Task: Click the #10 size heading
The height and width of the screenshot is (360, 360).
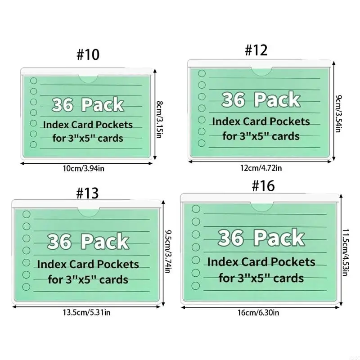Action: click(88, 54)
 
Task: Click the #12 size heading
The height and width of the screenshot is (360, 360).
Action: click(256, 50)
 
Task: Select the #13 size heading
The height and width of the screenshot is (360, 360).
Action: click(87, 193)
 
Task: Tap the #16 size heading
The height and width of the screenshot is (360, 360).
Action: click(263, 186)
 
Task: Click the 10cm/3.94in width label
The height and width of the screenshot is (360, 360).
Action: click(84, 168)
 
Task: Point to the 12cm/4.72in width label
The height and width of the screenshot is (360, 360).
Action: click(261, 168)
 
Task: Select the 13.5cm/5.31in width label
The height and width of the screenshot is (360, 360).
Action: click(87, 312)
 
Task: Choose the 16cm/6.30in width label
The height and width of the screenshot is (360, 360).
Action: click(258, 312)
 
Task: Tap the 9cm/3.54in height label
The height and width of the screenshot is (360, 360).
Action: click(339, 113)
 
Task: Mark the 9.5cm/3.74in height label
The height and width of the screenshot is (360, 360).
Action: click(168, 252)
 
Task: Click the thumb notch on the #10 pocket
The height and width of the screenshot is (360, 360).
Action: click(88, 79)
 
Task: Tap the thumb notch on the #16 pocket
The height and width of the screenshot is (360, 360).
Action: click(262, 207)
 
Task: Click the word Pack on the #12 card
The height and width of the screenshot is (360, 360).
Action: click(277, 99)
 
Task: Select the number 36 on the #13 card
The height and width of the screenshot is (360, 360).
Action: click(59, 242)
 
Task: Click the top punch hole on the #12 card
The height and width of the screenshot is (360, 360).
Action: click(202, 73)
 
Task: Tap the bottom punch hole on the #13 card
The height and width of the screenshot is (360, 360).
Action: click(27, 287)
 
